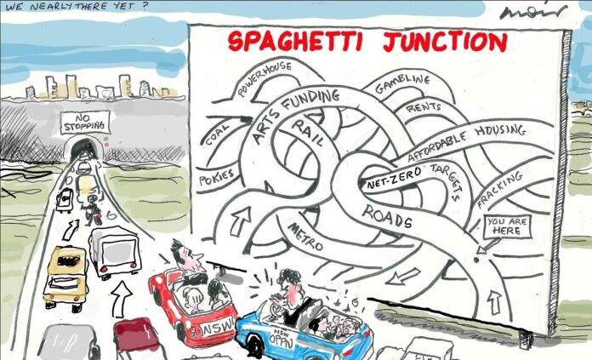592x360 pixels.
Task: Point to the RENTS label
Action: (423, 108)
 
